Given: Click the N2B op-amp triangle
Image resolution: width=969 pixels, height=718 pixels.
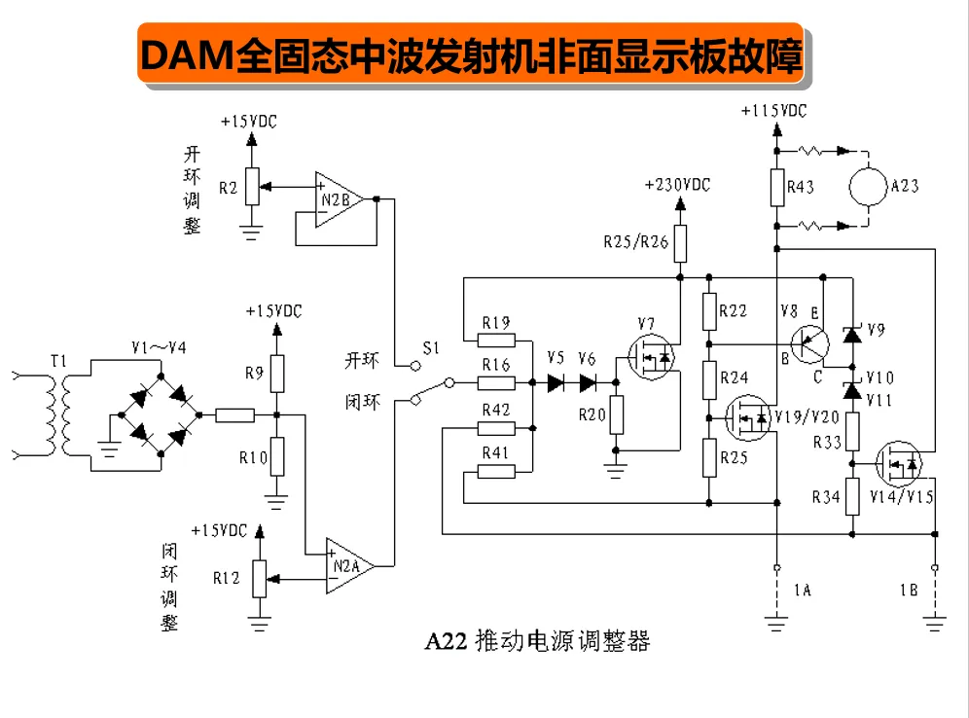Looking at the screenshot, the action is pyautogui.click(x=339, y=199).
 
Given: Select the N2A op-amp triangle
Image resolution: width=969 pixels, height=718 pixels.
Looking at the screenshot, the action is pyautogui.click(x=350, y=566).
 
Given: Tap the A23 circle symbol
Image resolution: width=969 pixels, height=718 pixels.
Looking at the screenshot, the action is pyautogui.click(x=868, y=187).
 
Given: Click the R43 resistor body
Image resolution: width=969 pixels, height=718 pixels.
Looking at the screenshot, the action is pyautogui.click(x=777, y=187).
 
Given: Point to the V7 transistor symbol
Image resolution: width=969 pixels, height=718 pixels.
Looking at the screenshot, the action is pyautogui.click(x=652, y=357).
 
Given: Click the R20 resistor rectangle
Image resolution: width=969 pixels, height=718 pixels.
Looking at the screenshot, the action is pyautogui.click(x=616, y=414).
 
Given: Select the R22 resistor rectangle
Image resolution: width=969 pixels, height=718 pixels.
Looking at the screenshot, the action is pyautogui.click(x=709, y=311).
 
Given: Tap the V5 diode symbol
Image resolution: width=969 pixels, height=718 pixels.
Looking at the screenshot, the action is pyautogui.click(x=556, y=383).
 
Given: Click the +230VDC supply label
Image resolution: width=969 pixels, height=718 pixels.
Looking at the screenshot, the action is pyautogui.click(x=677, y=185).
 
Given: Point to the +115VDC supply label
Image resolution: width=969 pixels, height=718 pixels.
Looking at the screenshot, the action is pyautogui.click(x=773, y=111).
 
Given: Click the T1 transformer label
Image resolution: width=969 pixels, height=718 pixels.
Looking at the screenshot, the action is pyautogui.click(x=58, y=361).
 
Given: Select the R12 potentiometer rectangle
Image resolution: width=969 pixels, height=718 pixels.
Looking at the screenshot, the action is pyautogui.click(x=260, y=578).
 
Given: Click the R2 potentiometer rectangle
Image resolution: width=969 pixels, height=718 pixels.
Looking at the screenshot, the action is pyautogui.click(x=252, y=186).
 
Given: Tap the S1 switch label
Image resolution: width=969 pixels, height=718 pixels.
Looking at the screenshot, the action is pyautogui.click(x=431, y=348).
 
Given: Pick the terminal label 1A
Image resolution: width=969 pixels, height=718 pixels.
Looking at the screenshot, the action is pyautogui.click(x=802, y=591).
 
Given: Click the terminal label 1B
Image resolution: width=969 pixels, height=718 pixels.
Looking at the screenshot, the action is pyautogui.click(x=909, y=591).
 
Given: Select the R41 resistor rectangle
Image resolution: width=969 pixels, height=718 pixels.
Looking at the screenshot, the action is pyautogui.click(x=496, y=472).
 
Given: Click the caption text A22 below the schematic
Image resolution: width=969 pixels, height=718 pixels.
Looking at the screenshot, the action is pyautogui.click(x=446, y=641).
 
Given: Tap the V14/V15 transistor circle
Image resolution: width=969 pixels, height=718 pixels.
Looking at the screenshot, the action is pyautogui.click(x=899, y=463).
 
